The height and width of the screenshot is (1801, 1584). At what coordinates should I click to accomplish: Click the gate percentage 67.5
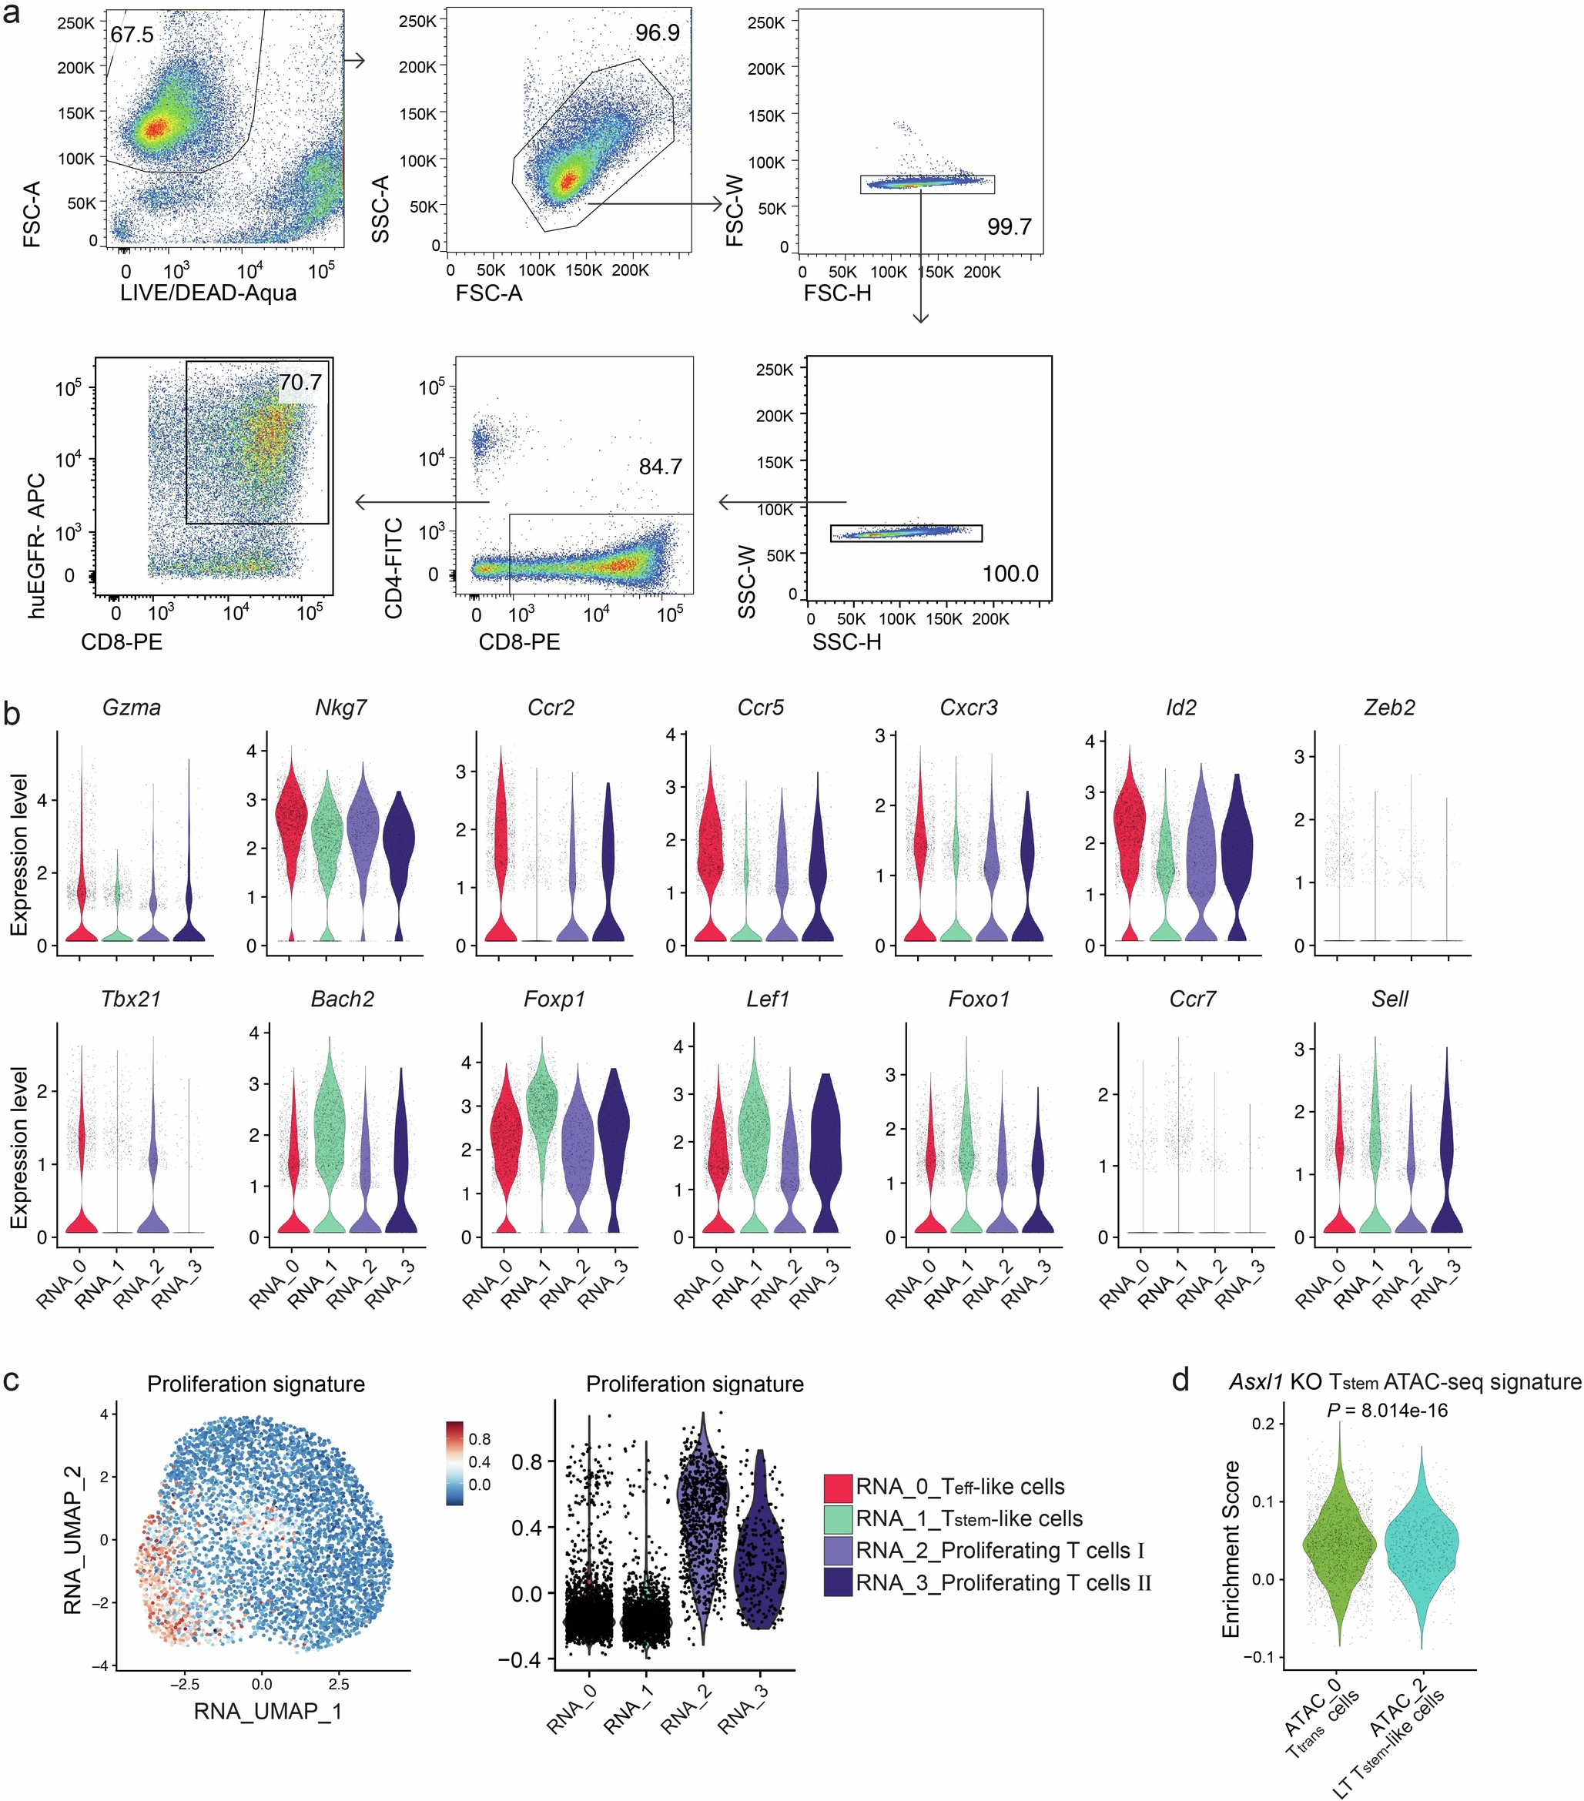pos(132,35)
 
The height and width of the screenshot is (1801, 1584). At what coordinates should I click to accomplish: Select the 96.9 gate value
pos(657,33)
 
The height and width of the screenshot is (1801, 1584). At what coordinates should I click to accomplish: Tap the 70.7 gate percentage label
pos(300,383)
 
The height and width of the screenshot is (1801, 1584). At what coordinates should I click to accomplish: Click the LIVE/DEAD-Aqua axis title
pos(209,293)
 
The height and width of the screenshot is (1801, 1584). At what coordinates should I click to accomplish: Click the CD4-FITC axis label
pos(393,567)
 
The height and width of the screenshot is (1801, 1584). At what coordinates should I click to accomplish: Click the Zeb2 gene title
pos(1389,708)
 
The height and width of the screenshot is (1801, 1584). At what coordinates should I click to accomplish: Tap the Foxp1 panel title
pos(554,999)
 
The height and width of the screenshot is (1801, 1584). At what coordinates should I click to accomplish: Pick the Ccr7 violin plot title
pos(1192,999)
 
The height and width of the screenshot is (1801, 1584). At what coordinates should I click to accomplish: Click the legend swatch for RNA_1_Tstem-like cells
pos(838,1519)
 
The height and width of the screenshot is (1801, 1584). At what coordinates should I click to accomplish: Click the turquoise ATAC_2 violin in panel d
pos(1421,1544)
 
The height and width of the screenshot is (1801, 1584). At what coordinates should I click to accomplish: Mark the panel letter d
pos(1181,1380)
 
